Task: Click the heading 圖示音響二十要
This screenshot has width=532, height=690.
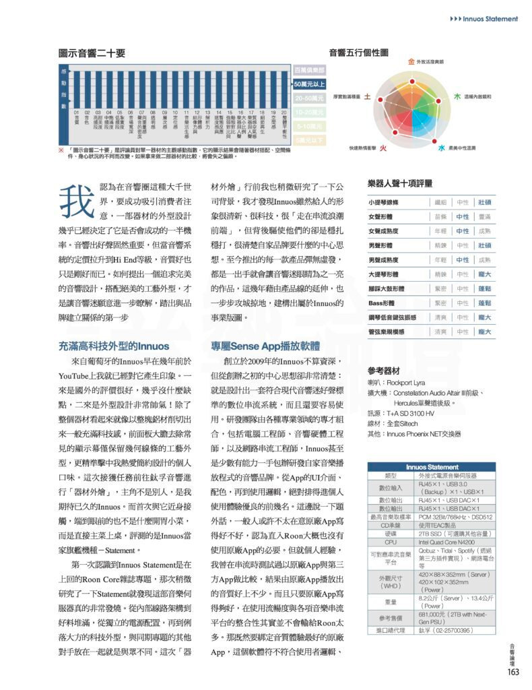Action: click(x=92, y=53)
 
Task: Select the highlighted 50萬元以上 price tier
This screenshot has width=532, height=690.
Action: click(x=310, y=84)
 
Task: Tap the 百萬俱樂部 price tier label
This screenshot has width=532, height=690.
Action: click(x=310, y=70)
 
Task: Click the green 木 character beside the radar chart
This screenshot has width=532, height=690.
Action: click(x=457, y=97)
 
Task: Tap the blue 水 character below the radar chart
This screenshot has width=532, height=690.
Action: click(x=442, y=147)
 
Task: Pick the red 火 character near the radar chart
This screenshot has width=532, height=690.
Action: click(x=383, y=147)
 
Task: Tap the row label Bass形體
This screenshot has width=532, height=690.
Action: click(x=383, y=303)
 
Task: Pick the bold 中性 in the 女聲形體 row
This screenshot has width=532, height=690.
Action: click(x=463, y=217)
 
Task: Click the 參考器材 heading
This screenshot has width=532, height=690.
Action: click(x=385, y=371)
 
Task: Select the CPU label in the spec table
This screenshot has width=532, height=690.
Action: click(x=391, y=541)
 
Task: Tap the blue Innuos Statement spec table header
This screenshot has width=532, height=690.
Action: click(x=432, y=466)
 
